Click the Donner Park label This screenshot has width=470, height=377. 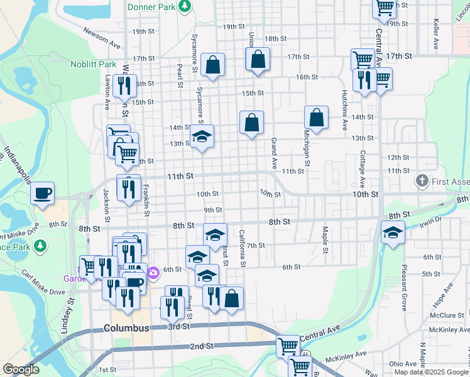(151, 7)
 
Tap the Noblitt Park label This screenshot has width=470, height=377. (93, 64)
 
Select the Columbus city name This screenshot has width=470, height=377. (126, 328)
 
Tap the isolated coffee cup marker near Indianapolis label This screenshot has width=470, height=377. (43, 193)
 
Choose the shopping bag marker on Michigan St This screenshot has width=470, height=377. (316, 117)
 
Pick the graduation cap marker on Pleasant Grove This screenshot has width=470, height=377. (393, 233)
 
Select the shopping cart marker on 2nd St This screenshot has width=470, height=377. (287, 345)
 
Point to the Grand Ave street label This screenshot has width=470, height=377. (274, 153)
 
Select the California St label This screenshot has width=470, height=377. (242, 248)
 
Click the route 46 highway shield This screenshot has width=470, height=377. (305, 355)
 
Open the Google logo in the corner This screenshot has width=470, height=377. (21, 370)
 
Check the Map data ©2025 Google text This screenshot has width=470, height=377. (430, 372)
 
